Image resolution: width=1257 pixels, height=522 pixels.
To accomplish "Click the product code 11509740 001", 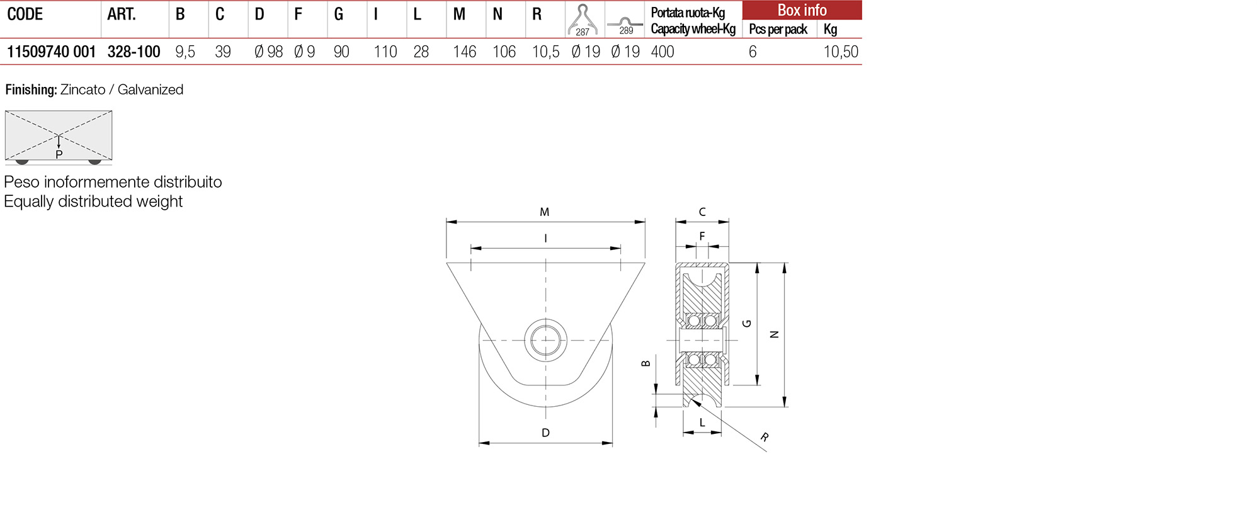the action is click(52, 52).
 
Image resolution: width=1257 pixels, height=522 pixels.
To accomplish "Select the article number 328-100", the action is click(134, 52).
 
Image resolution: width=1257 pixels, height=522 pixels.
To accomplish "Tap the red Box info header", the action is click(802, 10).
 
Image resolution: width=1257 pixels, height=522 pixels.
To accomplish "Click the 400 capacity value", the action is click(663, 52).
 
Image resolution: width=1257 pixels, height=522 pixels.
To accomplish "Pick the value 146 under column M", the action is click(465, 52).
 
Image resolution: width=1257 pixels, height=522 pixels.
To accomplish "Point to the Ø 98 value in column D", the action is click(269, 52).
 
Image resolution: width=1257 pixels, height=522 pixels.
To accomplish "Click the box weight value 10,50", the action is click(841, 52).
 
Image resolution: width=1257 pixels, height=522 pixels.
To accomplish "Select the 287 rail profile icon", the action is click(583, 20).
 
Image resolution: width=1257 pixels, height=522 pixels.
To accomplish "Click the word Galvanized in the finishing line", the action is click(151, 89).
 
